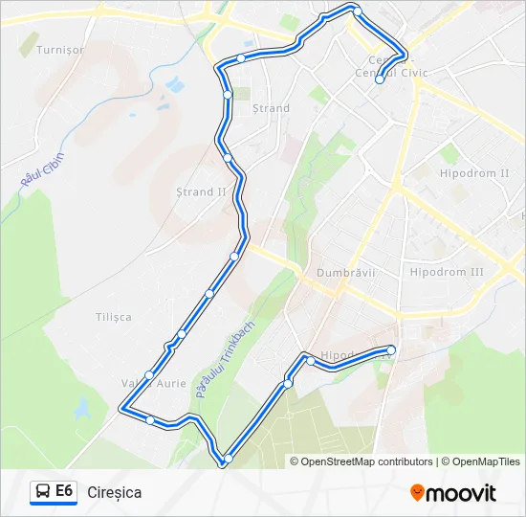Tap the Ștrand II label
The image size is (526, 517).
point(202,191)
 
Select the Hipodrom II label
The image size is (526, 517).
point(474,173)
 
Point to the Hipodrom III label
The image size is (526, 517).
point(473,272)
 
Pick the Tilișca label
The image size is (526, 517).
point(114,317)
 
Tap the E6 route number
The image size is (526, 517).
point(64,491)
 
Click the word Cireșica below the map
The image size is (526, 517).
point(114,492)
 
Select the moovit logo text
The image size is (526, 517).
point(461,493)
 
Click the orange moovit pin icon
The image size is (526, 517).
point(417,493)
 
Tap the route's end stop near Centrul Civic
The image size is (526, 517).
point(380,79)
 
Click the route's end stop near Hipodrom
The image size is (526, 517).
point(391,350)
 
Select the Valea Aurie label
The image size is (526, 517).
point(153,383)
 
